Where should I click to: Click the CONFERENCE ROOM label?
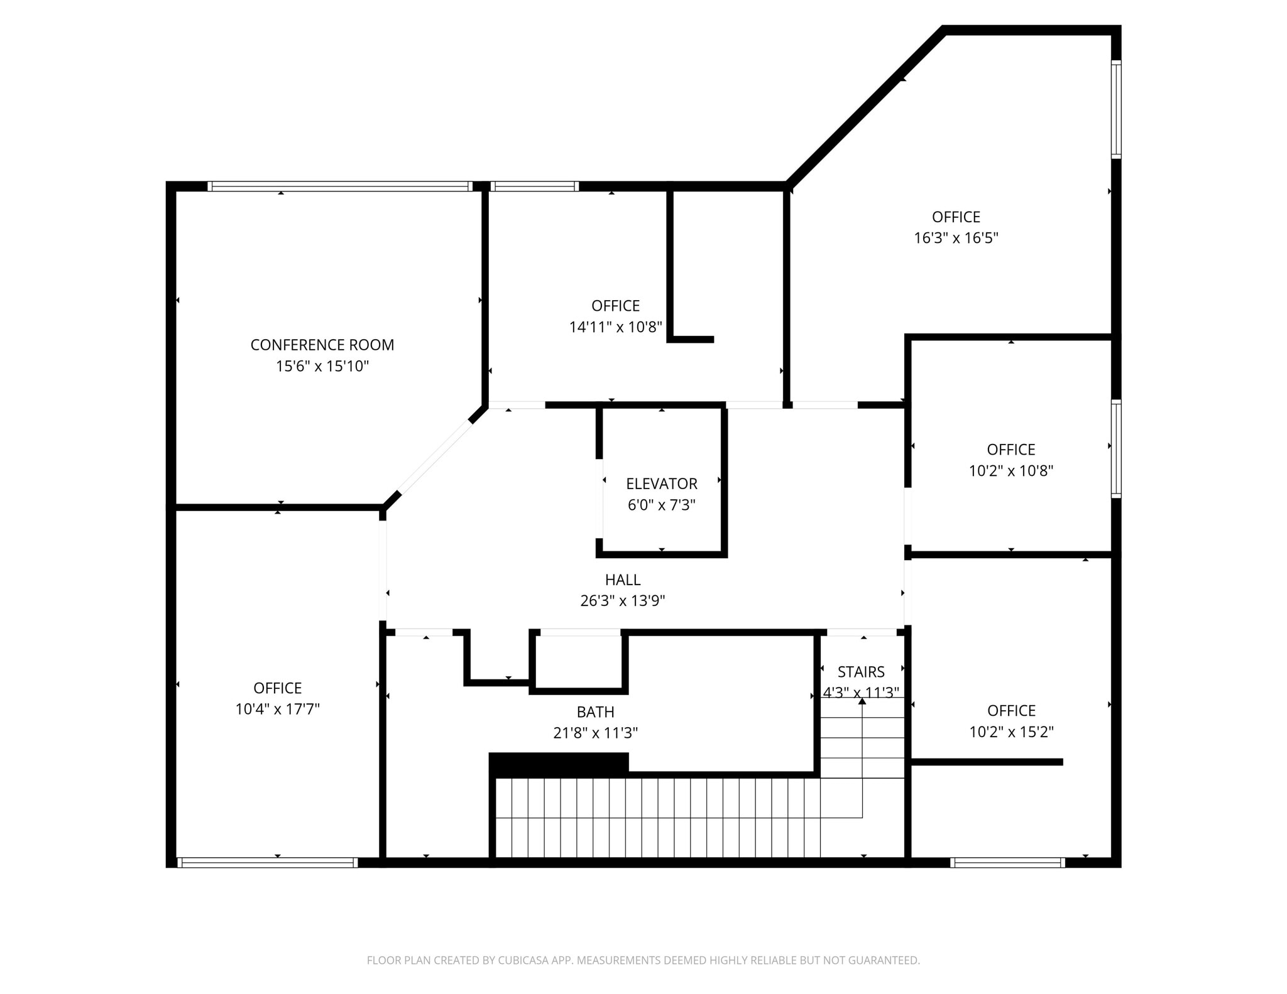pyautogui.click(x=322, y=345)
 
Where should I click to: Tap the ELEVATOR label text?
pyautogui.click(x=661, y=483)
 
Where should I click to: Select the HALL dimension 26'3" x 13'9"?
pyautogui.click(x=622, y=601)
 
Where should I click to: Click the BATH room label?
pyautogui.click(x=595, y=711)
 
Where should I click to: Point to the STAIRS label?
pyautogui.click(x=861, y=672)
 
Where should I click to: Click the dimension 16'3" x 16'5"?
pyautogui.click(x=955, y=238)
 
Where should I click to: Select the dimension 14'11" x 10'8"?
pyautogui.click(x=615, y=327)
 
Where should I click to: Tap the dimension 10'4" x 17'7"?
pyautogui.click(x=277, y=709)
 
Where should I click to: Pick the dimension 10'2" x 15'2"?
pyautogui.click(x=1010, y=732)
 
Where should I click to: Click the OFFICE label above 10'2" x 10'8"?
pyautogui.click(x=1010, y=450)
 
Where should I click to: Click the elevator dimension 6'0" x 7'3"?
pyautogui.click(x=661, y=505)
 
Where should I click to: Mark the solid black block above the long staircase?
pyautogui.click(x=558, y=764)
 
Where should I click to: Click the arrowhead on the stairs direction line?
pyautogui.click(x=862, y=701)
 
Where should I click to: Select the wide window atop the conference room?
pyautogui.click(x=339, y=186)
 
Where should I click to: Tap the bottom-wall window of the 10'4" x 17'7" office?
pyautogui.click(x=267, y=862)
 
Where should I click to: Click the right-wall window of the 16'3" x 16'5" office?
pyautogui.click(x=1115, y=109)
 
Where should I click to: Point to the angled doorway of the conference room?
pyautogui.click(x=435, y=456)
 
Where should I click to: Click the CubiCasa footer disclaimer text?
pyautogui.click(x=643, y=959)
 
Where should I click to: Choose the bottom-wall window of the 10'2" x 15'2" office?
pyautogui.click(x=1007, y=862)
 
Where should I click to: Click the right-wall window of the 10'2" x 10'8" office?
pyautogui.click(x=1115, y=449)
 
